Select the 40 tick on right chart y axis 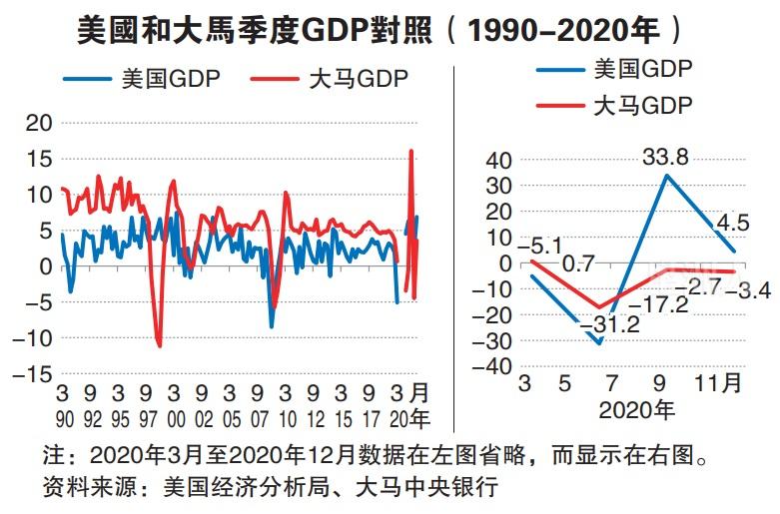click(495, 161)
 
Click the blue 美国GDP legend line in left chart click(86, 79)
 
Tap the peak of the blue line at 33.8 click(666, 176)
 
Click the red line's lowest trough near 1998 click(159, 345)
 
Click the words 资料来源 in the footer click(83, 488)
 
